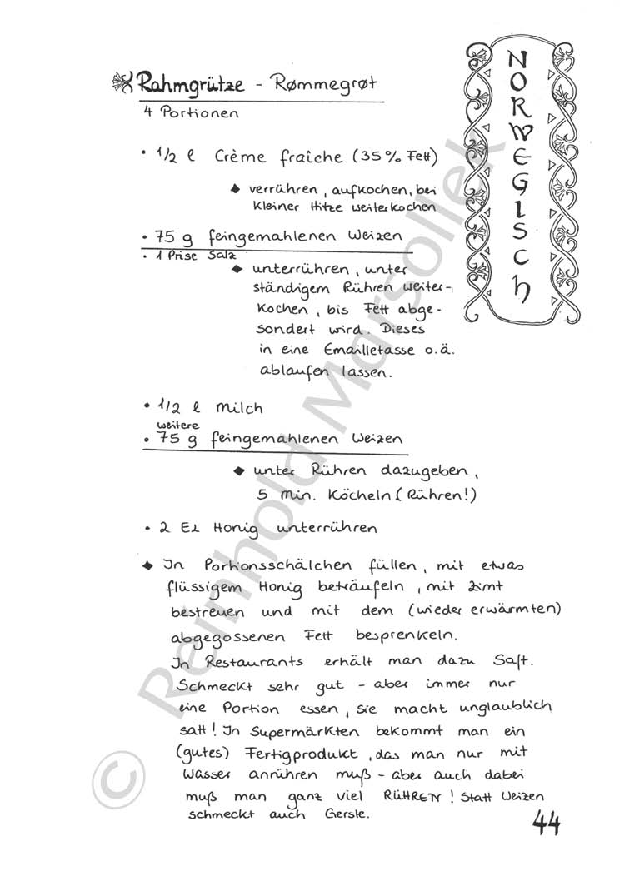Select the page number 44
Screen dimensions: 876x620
546,824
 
